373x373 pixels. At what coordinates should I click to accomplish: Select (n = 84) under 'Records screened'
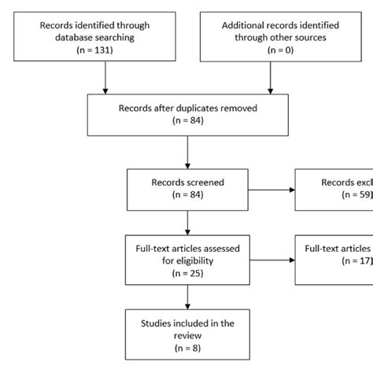[x=186, y=194]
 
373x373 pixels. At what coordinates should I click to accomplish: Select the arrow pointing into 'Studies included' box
[x=186, y=295]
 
